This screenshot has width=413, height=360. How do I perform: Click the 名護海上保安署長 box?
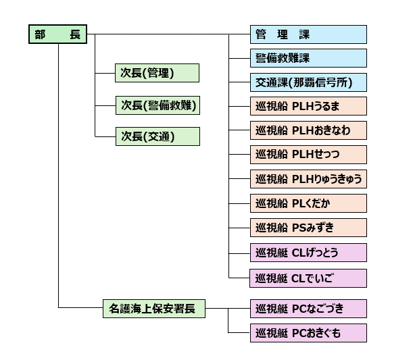(x=153, y=309)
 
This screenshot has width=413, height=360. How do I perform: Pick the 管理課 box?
(x=308, y=34)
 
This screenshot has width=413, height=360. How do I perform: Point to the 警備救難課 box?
(x=308, y=58)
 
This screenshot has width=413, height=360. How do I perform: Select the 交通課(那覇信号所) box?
(x=308, y=83)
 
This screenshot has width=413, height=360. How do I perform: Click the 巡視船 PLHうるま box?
(x=308, y=107)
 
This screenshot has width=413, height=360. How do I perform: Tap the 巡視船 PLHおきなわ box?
(x=308, y=130)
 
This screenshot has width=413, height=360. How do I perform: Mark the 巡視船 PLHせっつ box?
(x=308, y=155)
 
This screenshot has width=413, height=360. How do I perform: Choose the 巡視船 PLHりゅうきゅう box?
(x=308, y=179)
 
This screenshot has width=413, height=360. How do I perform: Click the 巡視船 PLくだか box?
(x=308, y=203)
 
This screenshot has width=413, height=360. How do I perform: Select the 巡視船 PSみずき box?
(x=308, y=228)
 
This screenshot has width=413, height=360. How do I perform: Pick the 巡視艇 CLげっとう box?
(x=308, y=253)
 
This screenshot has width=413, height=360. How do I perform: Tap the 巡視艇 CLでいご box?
(x=308, y=278)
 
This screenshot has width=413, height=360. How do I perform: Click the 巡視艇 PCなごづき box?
(x=308, y=309)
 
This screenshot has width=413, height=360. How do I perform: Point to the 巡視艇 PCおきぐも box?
(x=308, y=333)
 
